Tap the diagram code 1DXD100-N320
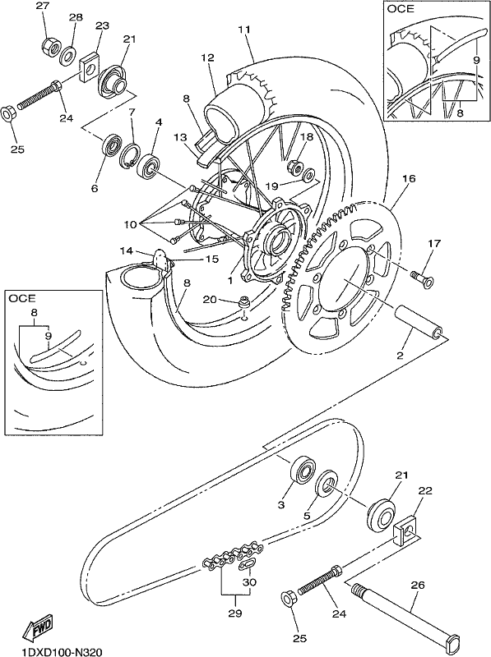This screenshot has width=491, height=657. tap(56, 651)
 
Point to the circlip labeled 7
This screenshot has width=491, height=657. tap(131, 156)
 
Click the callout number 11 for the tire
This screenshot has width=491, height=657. tap(244, 30)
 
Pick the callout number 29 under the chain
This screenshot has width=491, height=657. tap(235, 613)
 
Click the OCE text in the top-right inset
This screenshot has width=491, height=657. tap(401, 8)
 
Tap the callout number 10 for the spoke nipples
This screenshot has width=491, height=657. tap(130, 224)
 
